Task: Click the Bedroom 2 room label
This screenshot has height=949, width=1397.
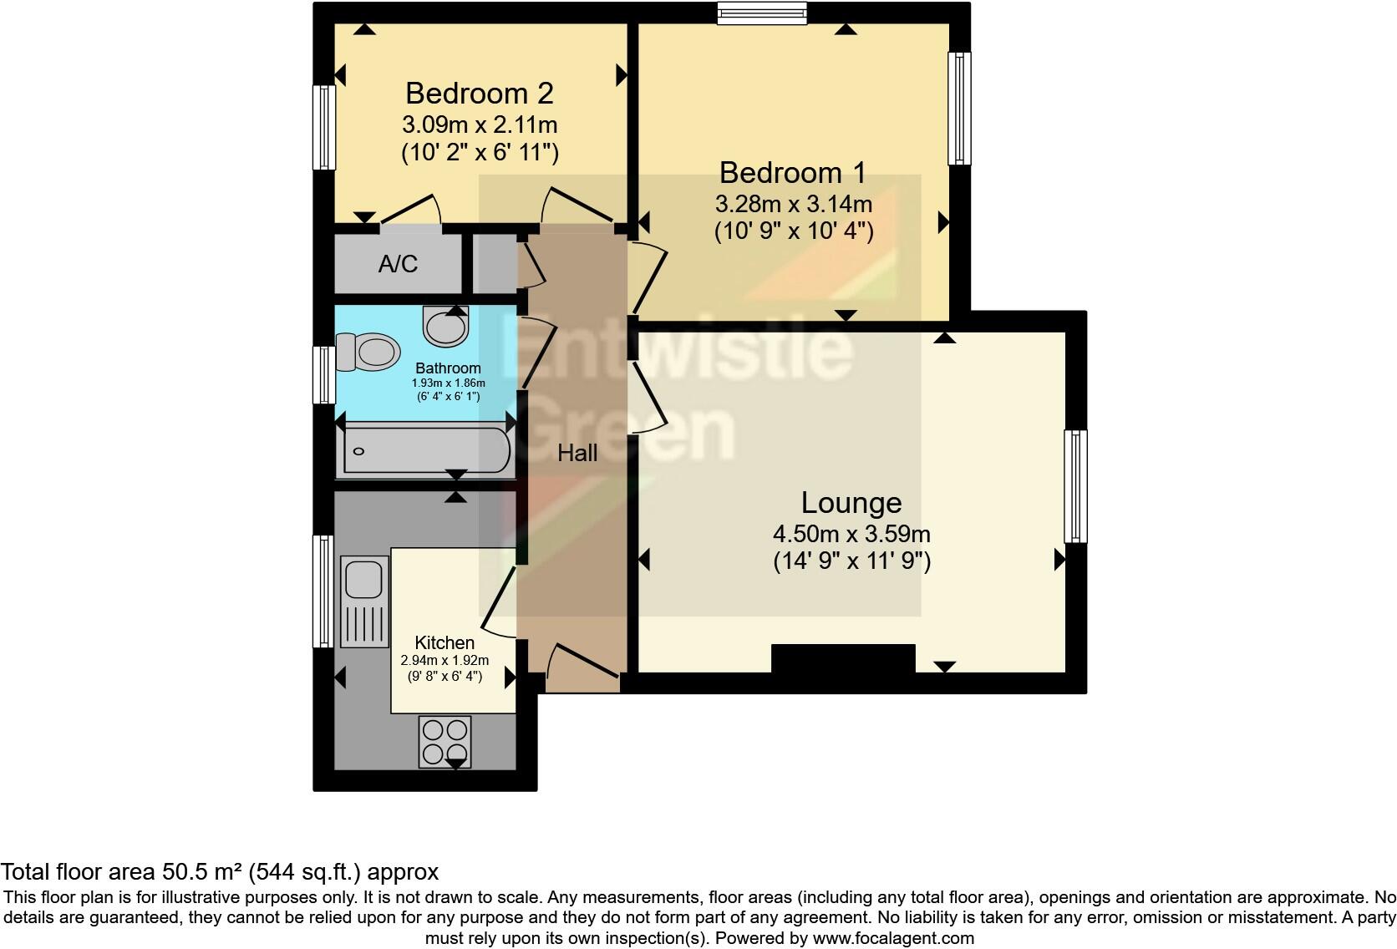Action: point(479,93)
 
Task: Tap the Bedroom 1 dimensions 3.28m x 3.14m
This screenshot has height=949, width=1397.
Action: point(793,203)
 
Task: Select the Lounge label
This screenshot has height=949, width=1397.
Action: point(851,502)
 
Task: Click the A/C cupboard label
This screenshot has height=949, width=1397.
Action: point(398,264)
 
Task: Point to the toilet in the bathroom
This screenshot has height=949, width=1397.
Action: point(367,352)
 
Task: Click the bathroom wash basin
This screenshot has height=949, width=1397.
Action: point(446,326)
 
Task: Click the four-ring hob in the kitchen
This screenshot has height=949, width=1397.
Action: point(445,741)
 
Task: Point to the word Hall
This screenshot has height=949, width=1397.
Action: point(577,453)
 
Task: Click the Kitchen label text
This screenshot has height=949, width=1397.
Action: point(444,642)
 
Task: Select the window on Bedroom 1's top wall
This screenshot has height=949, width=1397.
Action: point(762,13)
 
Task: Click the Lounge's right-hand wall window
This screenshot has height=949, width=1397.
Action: point(1075,486)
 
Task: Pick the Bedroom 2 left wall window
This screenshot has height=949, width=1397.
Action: point(324,128)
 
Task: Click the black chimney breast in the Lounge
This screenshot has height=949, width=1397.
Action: point(842,658)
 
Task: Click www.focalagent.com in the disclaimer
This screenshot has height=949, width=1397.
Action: point(893,937)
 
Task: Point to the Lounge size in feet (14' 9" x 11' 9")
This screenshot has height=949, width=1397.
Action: point(851,561)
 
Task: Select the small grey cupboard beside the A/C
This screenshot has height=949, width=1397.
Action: point(495,264)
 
